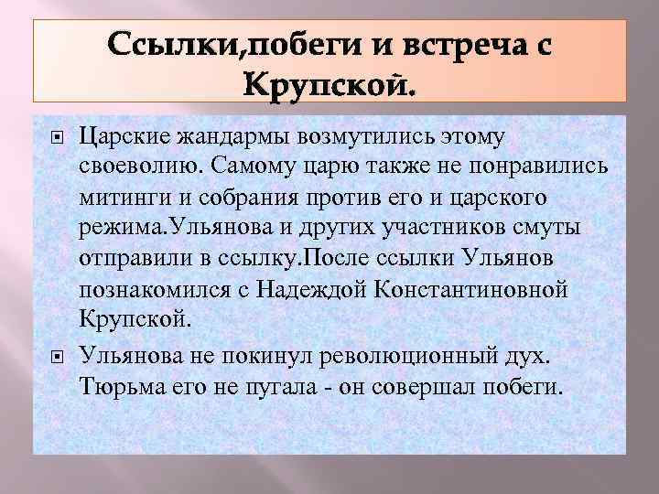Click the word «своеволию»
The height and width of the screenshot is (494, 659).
click(140, 166)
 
